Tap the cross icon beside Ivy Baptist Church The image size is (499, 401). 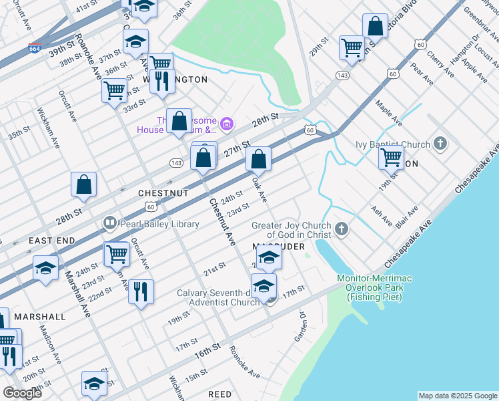point(440,143)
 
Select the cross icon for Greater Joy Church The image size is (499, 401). point(341,231)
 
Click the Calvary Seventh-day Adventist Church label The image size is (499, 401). point(217,297)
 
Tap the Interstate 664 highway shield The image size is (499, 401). point(35,48)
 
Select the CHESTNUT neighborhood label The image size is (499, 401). point(163,192)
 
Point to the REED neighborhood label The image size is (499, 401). point(219,395)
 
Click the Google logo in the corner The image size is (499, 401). point(23,393)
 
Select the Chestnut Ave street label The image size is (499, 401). point(223,221)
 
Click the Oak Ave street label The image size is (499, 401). point(260,189)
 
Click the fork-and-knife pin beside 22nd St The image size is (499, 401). point(141,292)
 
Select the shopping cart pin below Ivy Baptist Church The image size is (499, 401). point(391,158)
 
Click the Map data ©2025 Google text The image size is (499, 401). point(457,396)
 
